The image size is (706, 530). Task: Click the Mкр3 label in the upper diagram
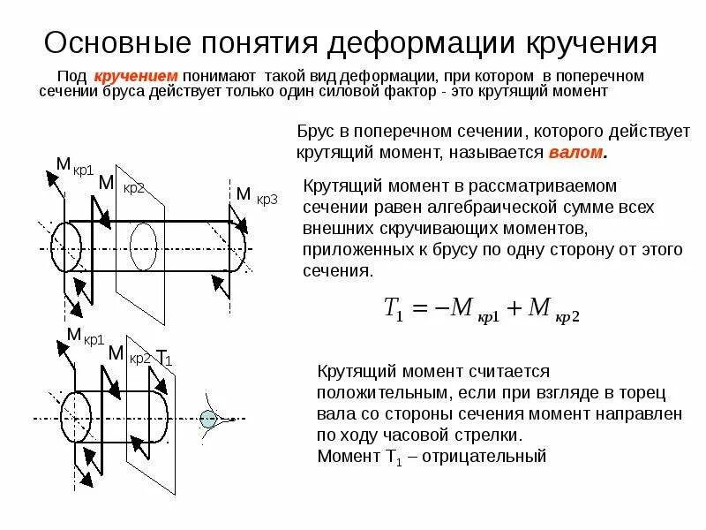(256, 195)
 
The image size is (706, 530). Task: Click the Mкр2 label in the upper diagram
(121, 185)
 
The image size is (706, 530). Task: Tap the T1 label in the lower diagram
(163, 358)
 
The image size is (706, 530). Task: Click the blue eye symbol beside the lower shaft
(208, 420)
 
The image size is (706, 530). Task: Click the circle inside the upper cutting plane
(143, 239)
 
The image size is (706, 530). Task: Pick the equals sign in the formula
(420, 307)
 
